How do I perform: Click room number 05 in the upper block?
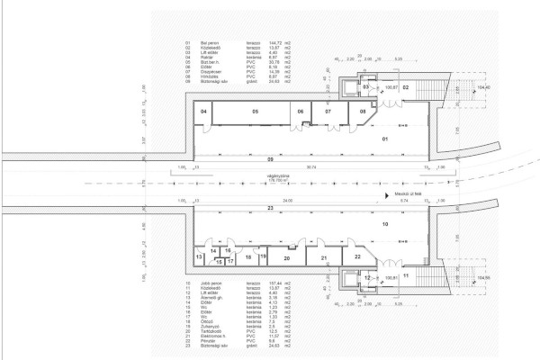256,111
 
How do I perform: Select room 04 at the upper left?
204,111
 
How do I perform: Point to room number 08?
363,111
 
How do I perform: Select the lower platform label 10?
384,222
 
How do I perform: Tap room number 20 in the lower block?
286,257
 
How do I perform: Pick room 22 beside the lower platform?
357,257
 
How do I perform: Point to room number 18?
247,257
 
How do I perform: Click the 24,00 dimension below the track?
287,200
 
